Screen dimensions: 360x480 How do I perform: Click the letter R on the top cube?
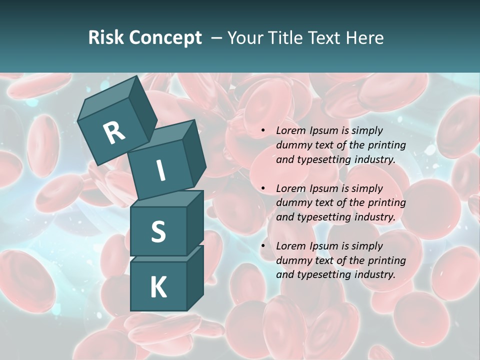coord(114,132)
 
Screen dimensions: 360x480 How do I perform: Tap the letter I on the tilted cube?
coord(160,170)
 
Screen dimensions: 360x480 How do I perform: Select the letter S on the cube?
coord(158,231)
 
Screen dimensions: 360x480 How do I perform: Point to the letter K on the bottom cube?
coord(158,287)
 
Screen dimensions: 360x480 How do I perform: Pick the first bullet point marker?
coord(263,131)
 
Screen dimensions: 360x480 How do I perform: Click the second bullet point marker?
coord(263,189)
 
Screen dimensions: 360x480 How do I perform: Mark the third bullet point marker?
coord(263,246)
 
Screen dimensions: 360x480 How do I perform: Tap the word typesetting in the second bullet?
coord(325,217)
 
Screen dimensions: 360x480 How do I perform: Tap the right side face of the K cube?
coord(195,277)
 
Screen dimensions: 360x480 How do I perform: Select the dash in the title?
coord(216,38)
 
